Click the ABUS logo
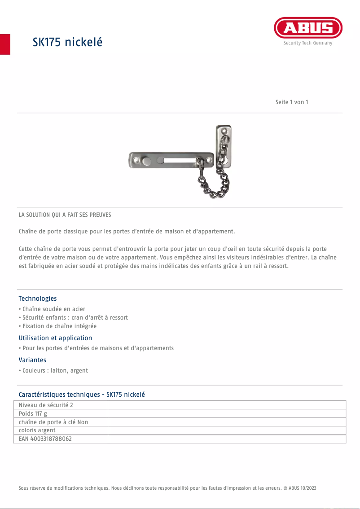pyautogui.click(x=308, y=28)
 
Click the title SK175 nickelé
pyautogui.click(x=67, y=42)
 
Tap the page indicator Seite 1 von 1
pyautogui.click(x=292, y=102)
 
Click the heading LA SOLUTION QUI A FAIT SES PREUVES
pyautogui.click(x=65, y=215)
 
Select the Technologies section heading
pyautogui.click(x=38, y=298)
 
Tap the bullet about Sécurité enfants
pyautogui.click(x=75, y=318)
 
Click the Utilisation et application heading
pyautogui.click(x=55, y=338)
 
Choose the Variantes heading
pyautogui.click(x=32, y=360)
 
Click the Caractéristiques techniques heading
pyautogui.click(x=82, y=395)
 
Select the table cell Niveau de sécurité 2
pyautogui.click(x=46, y=405)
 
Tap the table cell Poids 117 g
pyautogui.click(x=33, y=413)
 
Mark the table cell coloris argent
pyautogui.click(x=37, y=430)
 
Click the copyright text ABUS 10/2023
pyautogui.click(x=302, y=488)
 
